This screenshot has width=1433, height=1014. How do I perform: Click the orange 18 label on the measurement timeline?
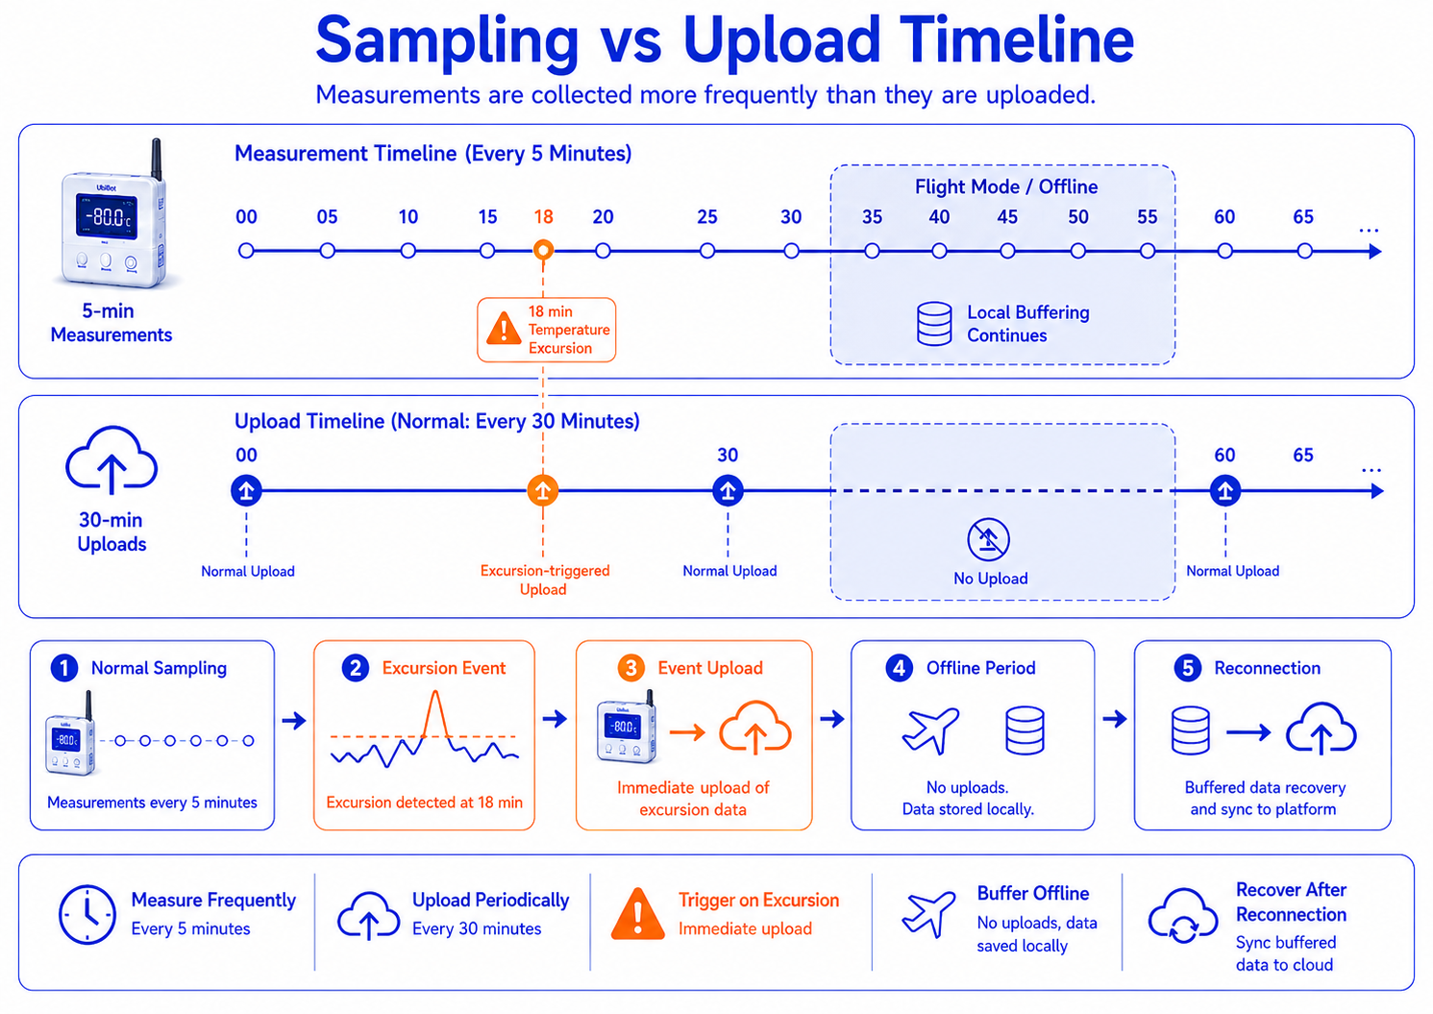click(x=543, y=217)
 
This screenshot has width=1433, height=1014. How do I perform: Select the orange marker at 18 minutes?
click(x=543, y=250)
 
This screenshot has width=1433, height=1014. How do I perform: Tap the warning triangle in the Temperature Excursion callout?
click(x=504, y=329)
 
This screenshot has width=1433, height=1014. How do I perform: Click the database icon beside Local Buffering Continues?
click(x=934, y=324)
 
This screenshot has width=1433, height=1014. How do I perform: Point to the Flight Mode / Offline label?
click(x=1005, y=186)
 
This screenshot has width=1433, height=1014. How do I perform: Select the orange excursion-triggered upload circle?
click(x=542, y=491)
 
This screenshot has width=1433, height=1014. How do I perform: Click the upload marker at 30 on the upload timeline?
click(x=728, y=491)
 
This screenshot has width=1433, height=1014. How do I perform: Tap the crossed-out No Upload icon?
click(x=988, y=539)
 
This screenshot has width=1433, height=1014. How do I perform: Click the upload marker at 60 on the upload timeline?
click(x=1225, y=491)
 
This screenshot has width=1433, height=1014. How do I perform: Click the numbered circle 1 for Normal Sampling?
click(x=64, y=668)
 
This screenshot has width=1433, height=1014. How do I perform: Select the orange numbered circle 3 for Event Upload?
click(x=630, y=668)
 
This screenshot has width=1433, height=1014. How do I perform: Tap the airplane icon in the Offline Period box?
click(x=929, y=730)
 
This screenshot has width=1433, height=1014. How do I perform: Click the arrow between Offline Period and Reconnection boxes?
click(x=1115, y=719)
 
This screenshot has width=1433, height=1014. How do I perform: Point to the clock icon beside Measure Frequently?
click(x=87, y=915)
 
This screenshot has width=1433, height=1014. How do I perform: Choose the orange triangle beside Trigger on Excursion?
click(x=637, y=913)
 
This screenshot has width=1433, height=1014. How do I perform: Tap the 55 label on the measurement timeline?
click(x=1147, y=217)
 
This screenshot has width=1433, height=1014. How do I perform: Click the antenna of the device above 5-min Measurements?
click(x=156, y=159)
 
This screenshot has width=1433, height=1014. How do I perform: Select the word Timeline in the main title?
click(x=1017, y=39)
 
